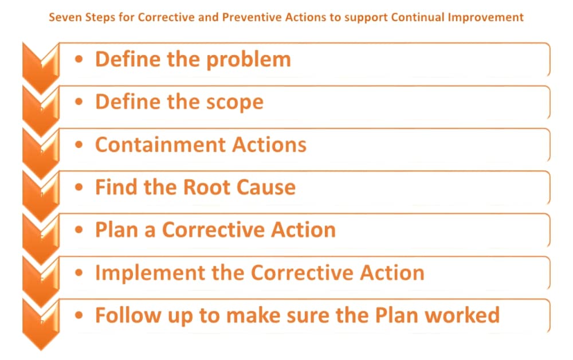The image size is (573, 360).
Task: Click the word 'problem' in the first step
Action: [249, 60]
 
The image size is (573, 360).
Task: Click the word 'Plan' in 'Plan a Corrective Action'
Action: [116, 230]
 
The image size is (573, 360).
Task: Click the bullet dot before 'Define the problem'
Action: [79, 59]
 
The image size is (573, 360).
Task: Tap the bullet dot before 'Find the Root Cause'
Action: [79, 187]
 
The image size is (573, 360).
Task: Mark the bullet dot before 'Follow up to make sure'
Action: [79, 315]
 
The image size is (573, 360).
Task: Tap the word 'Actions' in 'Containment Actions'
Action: [269, 144]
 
